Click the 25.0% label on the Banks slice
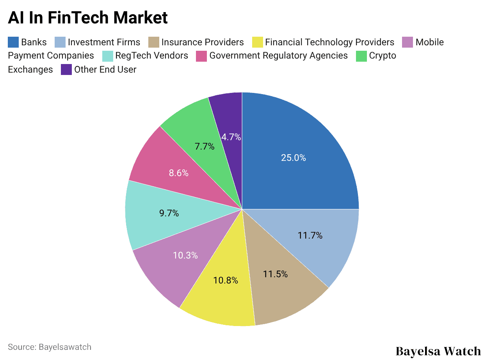293,158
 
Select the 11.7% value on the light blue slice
310,235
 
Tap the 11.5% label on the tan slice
275,274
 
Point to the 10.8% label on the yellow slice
226,280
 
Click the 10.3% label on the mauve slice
185,255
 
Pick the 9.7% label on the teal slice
169,213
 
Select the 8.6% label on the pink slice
179,173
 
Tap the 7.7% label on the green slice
205,146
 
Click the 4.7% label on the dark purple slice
231,137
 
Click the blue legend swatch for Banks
13,42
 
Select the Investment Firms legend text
104,42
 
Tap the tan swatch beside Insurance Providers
154,42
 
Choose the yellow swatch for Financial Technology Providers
257,42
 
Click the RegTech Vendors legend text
151,56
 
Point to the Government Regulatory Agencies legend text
278,56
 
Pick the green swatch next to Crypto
361,56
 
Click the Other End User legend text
105,70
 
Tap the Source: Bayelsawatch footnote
50,347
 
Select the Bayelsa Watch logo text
438,351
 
